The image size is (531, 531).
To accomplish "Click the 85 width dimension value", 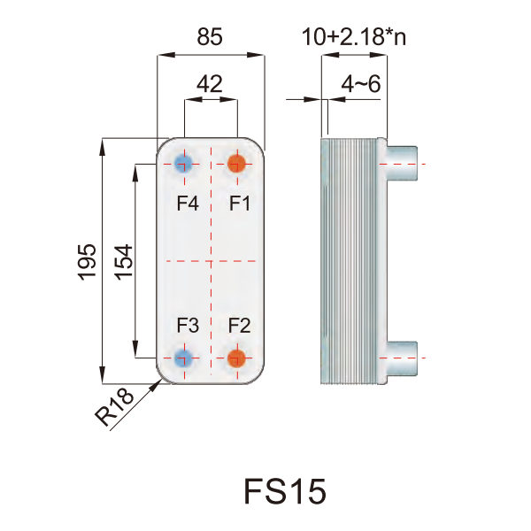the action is click(210, 36).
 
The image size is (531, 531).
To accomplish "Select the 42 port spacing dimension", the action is click(210, 84).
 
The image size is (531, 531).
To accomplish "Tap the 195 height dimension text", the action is click(87, 262).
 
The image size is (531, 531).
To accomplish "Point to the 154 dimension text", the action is click(123, 262).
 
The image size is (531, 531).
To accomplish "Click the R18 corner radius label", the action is click(114, 406).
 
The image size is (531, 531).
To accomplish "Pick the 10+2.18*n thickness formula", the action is click(353, 36).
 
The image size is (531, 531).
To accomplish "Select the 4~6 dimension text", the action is click(361, 84).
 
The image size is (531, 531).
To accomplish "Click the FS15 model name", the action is click(285, 491).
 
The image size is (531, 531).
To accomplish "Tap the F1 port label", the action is click(240, 204).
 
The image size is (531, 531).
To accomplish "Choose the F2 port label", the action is click(240, 325).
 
